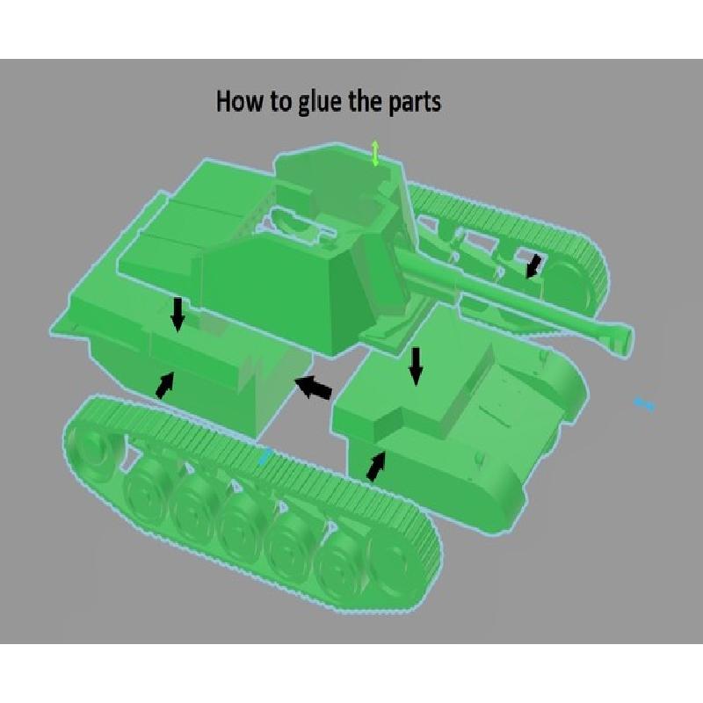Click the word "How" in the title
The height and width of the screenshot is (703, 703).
[239, 101]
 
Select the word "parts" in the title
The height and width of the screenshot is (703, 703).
[415, 103]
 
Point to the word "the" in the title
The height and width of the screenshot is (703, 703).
[366, 101]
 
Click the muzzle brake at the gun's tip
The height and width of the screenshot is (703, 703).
[622, 337]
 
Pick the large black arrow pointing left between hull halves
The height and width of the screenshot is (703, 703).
[314, 387]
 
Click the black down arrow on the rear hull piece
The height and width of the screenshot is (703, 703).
[178, 315]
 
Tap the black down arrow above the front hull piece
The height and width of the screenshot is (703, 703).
[417, 366]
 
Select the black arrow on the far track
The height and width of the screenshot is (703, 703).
[533, 266]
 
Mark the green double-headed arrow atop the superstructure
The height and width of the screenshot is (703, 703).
[375, 154]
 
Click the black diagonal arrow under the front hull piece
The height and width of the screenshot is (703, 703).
[376, 467]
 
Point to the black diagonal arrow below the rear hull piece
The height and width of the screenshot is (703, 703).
[165, 385]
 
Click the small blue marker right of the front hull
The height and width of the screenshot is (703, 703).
[644, 403]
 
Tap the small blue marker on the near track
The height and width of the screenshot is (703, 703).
[265, 456]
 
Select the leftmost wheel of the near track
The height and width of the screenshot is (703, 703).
[91, 444]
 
